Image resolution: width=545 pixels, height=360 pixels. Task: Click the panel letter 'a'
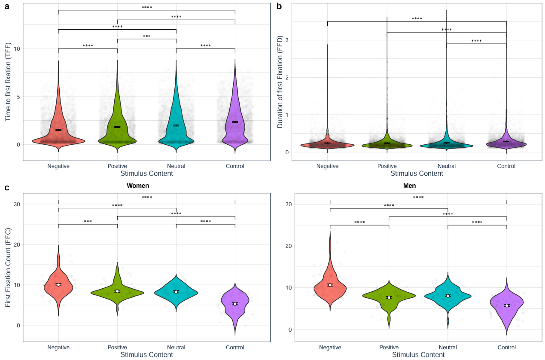(7, 6)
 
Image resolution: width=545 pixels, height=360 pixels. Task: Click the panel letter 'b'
(279, 6)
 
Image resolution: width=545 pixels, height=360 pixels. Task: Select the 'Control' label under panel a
(234, 166)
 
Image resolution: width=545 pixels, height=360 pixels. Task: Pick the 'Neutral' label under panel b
(447, 166)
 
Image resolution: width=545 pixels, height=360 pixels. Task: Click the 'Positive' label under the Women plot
(117, 347)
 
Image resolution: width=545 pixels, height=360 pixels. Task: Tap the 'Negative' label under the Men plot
(330, 347)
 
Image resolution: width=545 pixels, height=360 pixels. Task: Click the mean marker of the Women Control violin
(235, 304)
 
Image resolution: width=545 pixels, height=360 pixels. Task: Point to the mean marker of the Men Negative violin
(330, 285)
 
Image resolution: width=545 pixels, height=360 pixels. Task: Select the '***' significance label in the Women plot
(88, 222)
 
